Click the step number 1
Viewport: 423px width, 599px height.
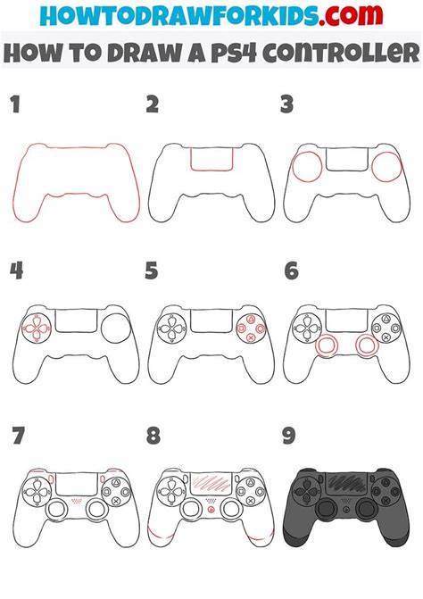point(14,105)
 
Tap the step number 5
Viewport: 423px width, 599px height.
point(153,269)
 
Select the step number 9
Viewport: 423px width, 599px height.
point(287,437)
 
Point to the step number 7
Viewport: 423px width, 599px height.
point(16,437)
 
